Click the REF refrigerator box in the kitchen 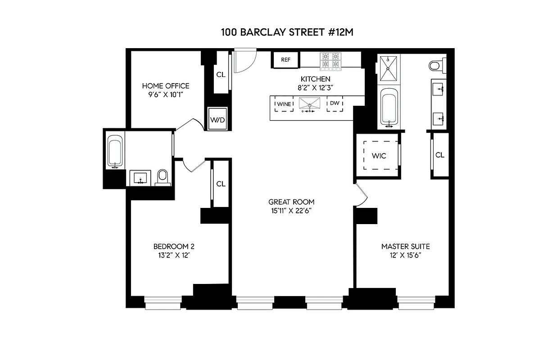pos(285,59)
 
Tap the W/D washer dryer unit pos(217,119)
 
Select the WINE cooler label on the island pos(284,104)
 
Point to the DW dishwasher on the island pos(335,103)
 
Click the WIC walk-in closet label pos(379,156)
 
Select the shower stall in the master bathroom pos(388,69)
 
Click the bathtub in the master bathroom pos(389,107)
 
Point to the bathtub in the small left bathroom pos(115,151)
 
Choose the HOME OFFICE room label pos(166,85)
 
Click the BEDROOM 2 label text pos(174,246)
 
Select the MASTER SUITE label pos(405,247)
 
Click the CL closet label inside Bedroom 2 pos(221,184)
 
